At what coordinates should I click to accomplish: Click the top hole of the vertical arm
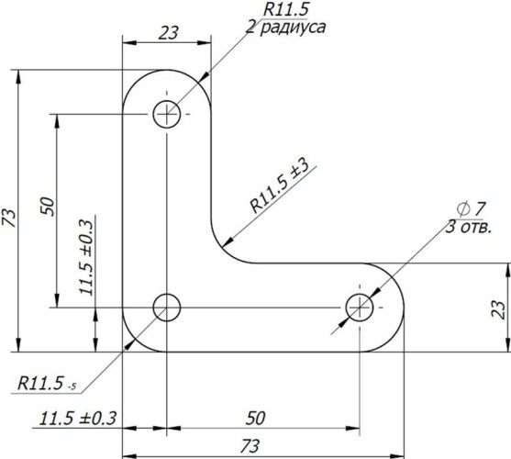point(167,115)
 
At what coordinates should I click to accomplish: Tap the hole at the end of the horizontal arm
point(359,308)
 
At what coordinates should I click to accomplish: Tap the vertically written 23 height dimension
point(496,308)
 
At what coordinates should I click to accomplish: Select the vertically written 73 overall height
point(10,217)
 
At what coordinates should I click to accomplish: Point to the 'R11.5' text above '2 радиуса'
point(287,8)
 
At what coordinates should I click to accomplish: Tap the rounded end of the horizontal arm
point(394,308)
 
